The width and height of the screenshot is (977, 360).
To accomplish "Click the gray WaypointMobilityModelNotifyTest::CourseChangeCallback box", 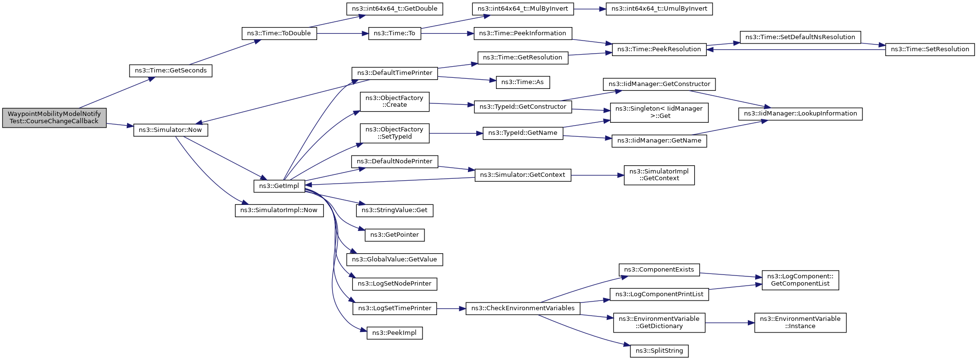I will pyautogui.click(x=54, y=118).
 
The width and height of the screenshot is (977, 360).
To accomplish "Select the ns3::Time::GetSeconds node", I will pyautogui.click(x=171, y=71).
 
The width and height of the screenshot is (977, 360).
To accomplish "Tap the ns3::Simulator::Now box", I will pyautogui.click(x=171, y=130).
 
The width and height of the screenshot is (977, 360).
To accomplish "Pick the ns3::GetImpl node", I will pyautogui.click(x=279, y=186).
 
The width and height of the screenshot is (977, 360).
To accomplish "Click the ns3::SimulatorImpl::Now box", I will pyautogui.click(x=279, y=210).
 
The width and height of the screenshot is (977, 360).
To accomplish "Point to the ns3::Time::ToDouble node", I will pyautogui.click(x=279, y=33).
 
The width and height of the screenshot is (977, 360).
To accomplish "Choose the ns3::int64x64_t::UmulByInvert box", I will pyautogui.click(x=659, y=9).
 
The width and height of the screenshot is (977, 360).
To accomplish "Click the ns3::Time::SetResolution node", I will pyautogui.click(x=930, y=49).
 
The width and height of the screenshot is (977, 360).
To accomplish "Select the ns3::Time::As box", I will pyautogui.click(x=523, y=82).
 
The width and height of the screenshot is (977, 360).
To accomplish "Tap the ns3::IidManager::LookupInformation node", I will pyautogui.click(x=800, y=114).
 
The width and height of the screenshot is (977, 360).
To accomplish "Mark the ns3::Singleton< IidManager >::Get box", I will pyautogui.click(x=659, y=112).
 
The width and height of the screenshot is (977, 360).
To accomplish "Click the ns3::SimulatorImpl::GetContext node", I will pyautogui.click(x=659, y=175).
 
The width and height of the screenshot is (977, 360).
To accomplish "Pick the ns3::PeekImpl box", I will pyautogui.click(x=394, y=333).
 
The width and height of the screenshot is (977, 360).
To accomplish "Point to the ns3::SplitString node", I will pyautogui.click(x=659, y=351).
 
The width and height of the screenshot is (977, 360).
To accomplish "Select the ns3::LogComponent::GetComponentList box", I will pyautogui.click(x=800, y=280).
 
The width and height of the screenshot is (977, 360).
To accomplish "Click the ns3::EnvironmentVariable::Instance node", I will pyautogui.click(x=800, y=322).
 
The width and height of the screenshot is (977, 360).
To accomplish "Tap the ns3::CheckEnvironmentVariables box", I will pyautogui.click(x=523, y=308).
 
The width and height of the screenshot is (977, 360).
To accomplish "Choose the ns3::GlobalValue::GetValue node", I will pyautogui.click(x=394, y=259).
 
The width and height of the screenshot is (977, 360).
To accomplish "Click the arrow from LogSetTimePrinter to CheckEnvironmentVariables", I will pyautogui.click(x=451, y=308).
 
